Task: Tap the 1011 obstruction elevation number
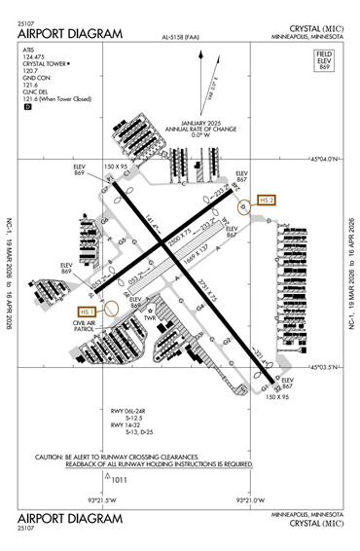(x=120, y=479)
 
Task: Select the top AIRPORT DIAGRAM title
(x=70, y=34)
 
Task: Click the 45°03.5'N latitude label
(x=324, y=367)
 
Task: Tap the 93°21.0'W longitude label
(x=251, y=500)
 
